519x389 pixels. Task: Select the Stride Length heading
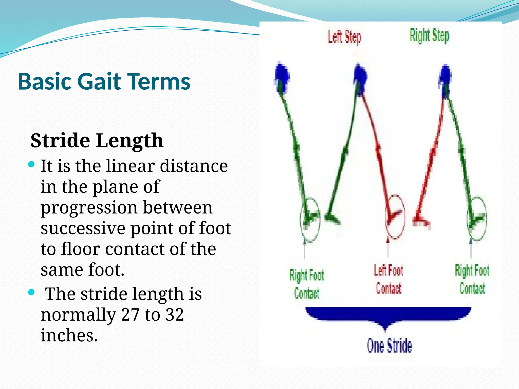click(x=97, y=141)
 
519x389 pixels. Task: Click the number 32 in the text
click(x=175, y=315)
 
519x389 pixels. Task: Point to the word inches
click(x=69, y=336)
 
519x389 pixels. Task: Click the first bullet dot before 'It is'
click(x=31, y=165)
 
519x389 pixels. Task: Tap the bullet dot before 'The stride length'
click(x=31, y=293)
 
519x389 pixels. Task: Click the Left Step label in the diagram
click(x=344, y=37)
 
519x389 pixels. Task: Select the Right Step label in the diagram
click(x=430, y=36)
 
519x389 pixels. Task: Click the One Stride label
click(x=390, y=346)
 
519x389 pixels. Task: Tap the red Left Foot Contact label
click(x=388, y=279)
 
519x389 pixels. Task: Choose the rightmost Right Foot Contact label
click(x=472, y=279)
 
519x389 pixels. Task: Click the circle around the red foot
click(x=395, y=217)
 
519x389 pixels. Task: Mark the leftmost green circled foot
click(x=310, y=219)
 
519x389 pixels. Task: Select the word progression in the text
click(x=89, y=207)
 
